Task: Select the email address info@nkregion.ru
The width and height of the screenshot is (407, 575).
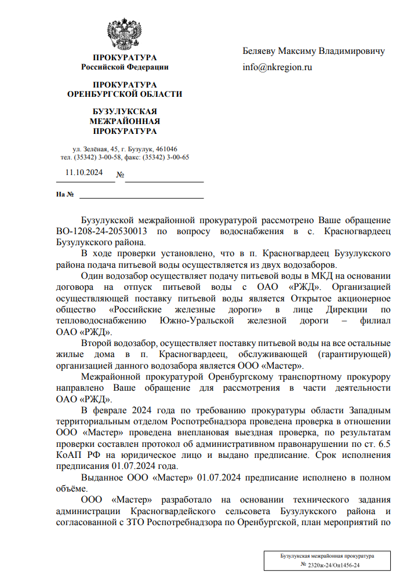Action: (277, 67)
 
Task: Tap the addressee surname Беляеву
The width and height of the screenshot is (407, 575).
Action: (260, 51)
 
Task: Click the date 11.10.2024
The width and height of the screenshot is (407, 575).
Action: (84, 172)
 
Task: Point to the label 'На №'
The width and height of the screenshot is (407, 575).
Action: (64, 194)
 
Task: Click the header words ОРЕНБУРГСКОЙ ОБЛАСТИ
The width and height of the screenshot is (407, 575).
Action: (125, 94)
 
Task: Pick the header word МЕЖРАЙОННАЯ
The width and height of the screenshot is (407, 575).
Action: (125, 121)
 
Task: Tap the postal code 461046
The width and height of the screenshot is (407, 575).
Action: (165, 149)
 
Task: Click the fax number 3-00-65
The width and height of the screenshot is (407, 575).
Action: (177, 157)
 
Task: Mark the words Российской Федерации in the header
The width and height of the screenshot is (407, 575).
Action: (125, 67)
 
